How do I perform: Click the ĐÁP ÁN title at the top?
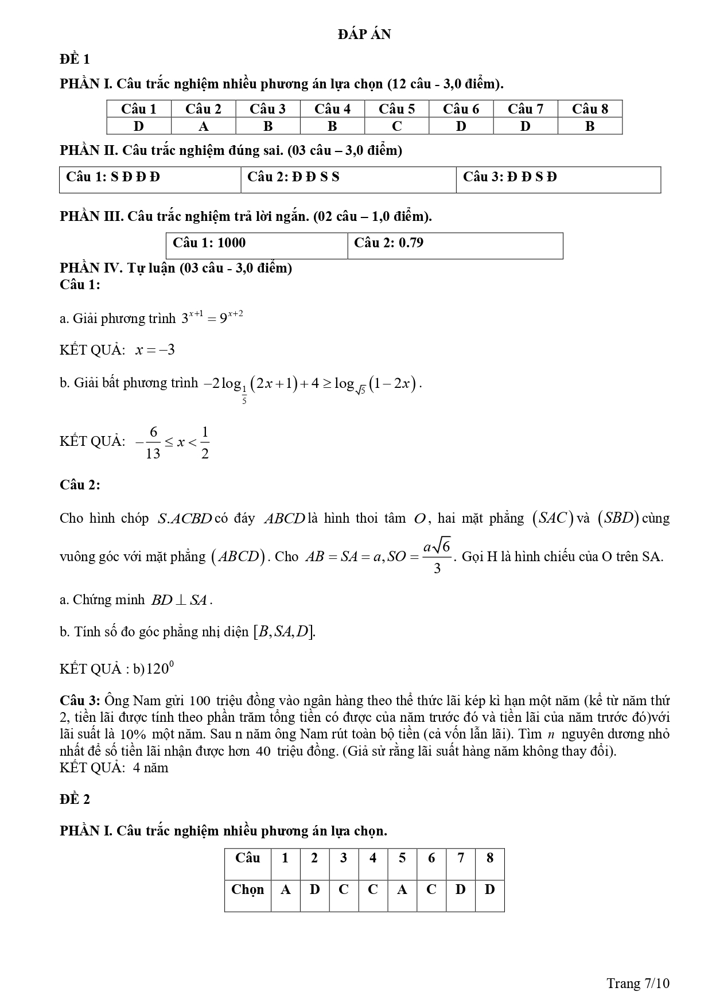(x=364, y=34)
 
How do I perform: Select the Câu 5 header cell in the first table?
(x=396, y=109)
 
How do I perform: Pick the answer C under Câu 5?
(x=396, y=126)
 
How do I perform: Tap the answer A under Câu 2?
(x=203, y=126)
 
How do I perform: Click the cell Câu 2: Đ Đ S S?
(x=293, y=177)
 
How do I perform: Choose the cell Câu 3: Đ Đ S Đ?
(x=509, y=177)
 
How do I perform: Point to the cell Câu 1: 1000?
(x=209, y=243)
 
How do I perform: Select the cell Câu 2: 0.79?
(x=388, y=243)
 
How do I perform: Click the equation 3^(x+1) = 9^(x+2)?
(x=212, y=317)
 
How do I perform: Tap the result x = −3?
(x=155, y=350)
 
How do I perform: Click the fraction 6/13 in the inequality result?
(x=153, y=442)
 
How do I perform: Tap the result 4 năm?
(x=150, y=768)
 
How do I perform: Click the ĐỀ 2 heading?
(x=75, y=799)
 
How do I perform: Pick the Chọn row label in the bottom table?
(x=247, y=890)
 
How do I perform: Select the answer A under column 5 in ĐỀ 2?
(x=402, y=890)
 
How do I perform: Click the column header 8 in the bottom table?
(x=489, y=858)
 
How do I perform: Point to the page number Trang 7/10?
(x=638, y=983)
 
